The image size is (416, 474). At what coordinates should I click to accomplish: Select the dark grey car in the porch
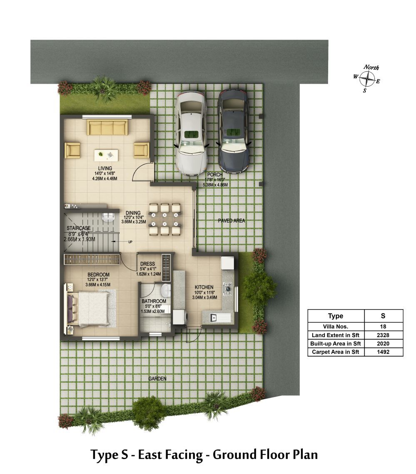(234, 132)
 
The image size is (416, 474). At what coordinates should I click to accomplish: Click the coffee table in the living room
(106, 155)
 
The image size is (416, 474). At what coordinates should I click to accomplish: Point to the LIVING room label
(105, 169)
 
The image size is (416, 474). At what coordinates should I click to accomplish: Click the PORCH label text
(215, 174)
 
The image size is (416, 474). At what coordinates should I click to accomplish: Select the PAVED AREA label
(232, 221)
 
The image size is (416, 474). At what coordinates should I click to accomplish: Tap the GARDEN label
(157, 378)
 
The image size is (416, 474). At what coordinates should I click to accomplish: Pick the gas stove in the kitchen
(227, 289)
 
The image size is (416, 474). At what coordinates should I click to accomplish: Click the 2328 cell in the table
(383, 335)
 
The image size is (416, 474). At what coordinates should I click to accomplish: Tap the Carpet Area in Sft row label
(336, 352)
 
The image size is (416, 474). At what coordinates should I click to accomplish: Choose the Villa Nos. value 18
(383, 327)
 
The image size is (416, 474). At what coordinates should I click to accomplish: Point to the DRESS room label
(147, 264)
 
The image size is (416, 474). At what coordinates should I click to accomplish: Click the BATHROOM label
(154, 301)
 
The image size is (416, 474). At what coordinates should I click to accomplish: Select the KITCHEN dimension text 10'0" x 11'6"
(204, 293)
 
